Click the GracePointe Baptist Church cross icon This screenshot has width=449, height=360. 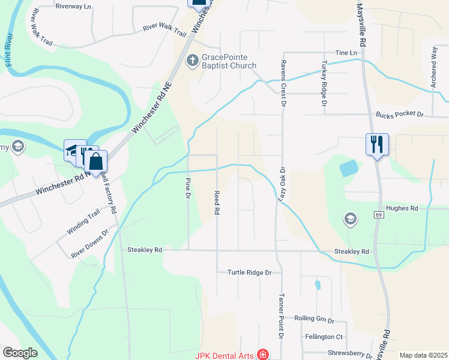pos(193,60)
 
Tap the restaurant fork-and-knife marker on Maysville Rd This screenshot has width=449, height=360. pos(377,144)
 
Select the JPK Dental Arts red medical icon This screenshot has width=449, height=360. pos(262,355)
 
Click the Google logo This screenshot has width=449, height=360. pos(20,353)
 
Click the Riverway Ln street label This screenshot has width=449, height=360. pos(73,6)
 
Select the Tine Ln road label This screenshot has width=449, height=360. pos(346,53)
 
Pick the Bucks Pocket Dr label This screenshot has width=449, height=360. pos(400,114)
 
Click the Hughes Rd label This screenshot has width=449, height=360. pos(402,208)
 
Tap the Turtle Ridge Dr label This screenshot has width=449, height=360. pos(249,272)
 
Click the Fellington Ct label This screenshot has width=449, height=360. pos(324,337)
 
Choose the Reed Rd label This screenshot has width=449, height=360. pos(217,203)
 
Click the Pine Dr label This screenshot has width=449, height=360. pos(188,188)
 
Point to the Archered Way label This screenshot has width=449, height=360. pos(434,61)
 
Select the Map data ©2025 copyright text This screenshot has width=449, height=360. pos(423,355)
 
